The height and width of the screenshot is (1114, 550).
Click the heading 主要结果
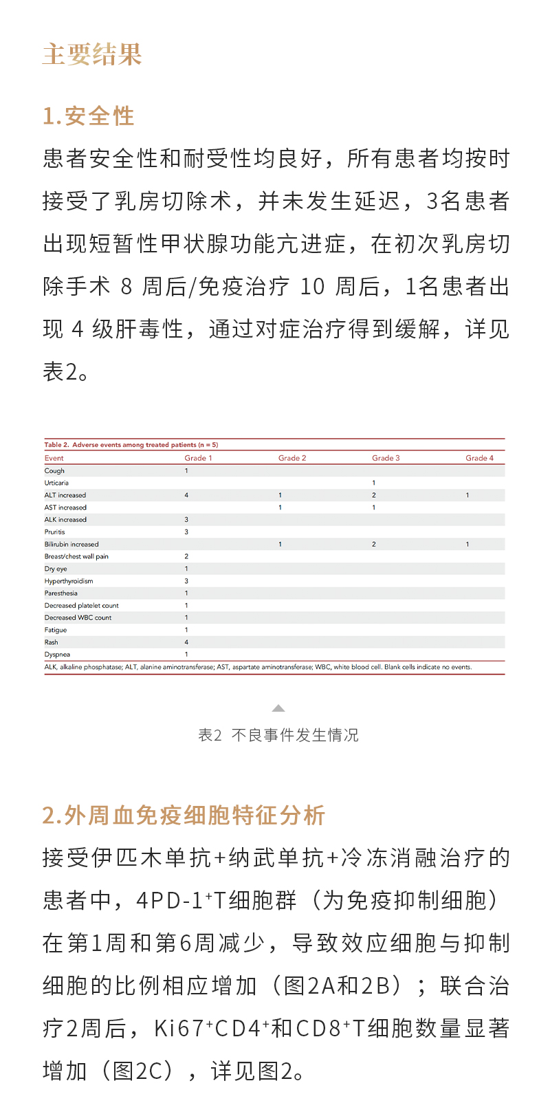click(92, 54)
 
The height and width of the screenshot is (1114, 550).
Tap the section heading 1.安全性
click(89, 116)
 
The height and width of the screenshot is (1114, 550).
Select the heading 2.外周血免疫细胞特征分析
click(184, 815)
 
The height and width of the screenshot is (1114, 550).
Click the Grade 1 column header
click(198, 458)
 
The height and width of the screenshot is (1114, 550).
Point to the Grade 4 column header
click(479, 458)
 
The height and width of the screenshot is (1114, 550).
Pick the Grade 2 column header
click(292, 458)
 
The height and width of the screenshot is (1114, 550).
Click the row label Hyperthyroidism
click(69, 581)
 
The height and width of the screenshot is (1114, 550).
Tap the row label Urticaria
click(56, 483)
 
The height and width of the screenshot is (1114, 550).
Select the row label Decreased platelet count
click(82, 606)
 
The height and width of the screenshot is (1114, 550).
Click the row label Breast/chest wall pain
click(76, 556)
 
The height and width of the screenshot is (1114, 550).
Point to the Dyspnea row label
click(57, 655)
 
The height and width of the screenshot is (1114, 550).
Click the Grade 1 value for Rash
click(186, 642)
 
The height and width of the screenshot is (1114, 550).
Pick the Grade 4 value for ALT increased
click(467, 495)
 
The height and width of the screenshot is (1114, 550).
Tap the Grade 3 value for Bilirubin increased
click(374, 544)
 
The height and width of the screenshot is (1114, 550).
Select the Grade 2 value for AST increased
click(280, 507)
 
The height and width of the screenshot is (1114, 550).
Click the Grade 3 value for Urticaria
click(374, 483)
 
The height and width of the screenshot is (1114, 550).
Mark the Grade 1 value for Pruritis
click(186, 532)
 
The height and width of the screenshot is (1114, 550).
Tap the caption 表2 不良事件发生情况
click(278, 735)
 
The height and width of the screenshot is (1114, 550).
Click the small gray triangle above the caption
click(278, 708)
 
